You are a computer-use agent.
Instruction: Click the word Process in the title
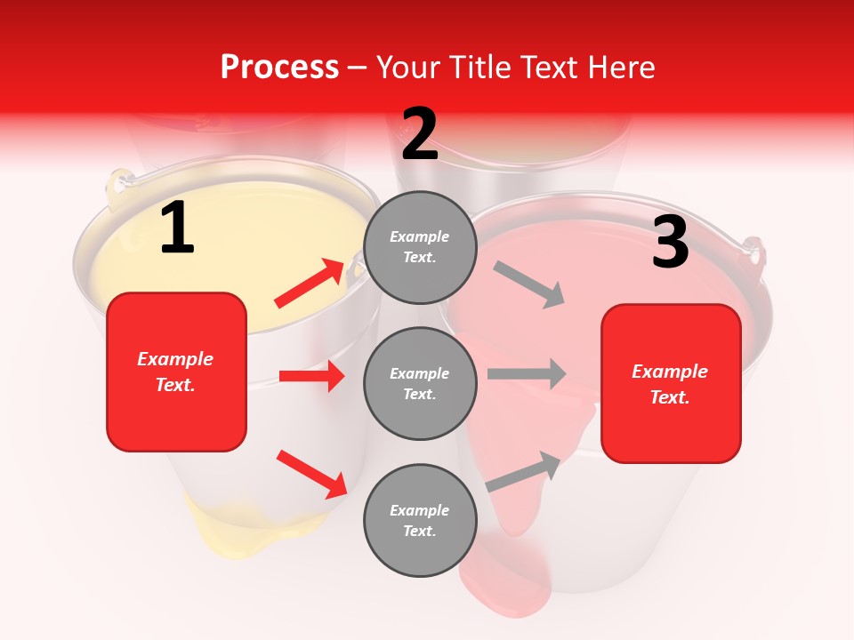coord(279,68)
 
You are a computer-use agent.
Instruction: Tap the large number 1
coord(177,228)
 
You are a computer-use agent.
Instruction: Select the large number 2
coord(420,134)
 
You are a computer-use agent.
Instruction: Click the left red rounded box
coord(176,372)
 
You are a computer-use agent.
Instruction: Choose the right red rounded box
coord(671,384)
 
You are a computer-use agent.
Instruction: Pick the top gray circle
coord(420,247)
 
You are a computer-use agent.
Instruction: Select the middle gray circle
coord(420,383)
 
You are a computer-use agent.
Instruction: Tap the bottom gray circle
coord(420,520)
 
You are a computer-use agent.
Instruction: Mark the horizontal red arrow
coord(311,376)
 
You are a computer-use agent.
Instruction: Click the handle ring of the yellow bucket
coord(117,185)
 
